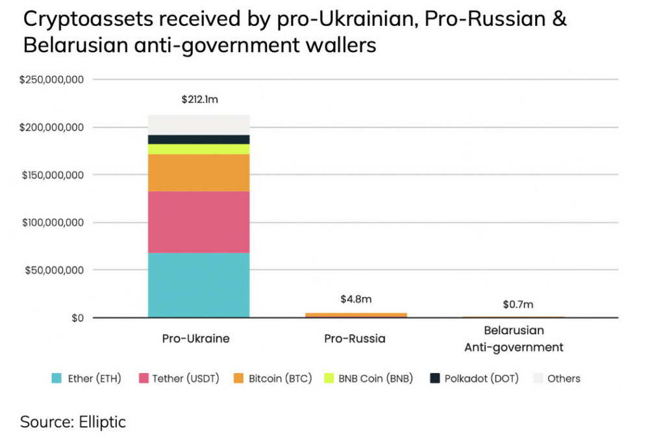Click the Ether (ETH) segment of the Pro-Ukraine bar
click(199, 285)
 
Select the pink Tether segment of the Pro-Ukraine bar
click(199, 222)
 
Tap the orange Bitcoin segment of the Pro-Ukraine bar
click(199, 172)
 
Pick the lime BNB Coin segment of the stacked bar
click(199, 149)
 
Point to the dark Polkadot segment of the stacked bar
click(199, 139)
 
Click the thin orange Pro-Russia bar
click(356, 315)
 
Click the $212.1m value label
click(200, 100)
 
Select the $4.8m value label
click(355, 300)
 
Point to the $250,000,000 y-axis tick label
click(52, 80)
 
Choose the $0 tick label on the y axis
click(77, 318)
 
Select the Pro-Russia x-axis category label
click(355, 339)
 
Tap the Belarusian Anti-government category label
click(514, 339)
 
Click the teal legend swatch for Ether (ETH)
click(56, 378)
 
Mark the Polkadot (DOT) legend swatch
click(435, 378)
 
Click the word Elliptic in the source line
click(102, 422)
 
